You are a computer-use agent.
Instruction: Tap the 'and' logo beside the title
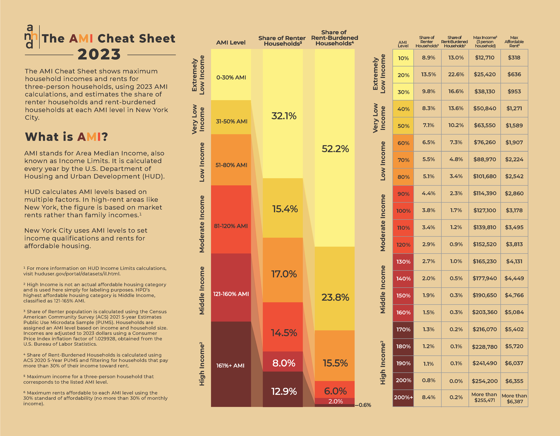[x=31, y=36]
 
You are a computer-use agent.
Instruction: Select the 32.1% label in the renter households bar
[x=284, y=116]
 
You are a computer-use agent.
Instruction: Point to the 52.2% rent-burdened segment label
[x=335, y=149]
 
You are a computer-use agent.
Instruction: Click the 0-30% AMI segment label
[x=231, y=77]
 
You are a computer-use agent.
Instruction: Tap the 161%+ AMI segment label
[x=230, y=365]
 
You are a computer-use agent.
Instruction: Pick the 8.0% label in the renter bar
[x=284, y=363]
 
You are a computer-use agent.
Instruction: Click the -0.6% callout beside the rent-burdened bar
[x=364, y=405]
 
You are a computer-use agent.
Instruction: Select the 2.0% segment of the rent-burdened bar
[x=335, y=401]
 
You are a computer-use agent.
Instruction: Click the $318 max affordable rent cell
[x=514, y=57]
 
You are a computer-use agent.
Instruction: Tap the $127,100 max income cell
[x=485, y=210]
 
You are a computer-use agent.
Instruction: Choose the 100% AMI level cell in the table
[x=403, y=211]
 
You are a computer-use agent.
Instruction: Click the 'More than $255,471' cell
[x=484, y=397]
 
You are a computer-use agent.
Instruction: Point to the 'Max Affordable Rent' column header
[x=514, y=42]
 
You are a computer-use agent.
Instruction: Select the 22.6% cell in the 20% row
[x=456, y=74]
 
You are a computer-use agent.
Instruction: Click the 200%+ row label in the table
[x=403, y=397]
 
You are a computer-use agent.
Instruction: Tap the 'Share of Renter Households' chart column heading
[x=282, y=41]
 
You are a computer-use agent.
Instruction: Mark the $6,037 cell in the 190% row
[x=514, y=363]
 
